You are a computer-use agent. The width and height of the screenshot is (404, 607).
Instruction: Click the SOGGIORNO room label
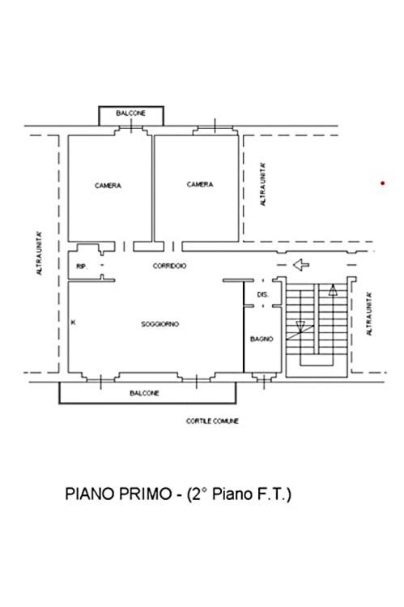click(159, 324)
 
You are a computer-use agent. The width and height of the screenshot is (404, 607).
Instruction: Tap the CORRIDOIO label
click(169, 266)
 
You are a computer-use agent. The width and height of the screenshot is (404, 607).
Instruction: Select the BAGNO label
click(262, 339)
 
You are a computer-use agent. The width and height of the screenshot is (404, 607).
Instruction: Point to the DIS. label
click(263, 295)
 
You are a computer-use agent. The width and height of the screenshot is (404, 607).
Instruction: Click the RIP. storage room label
click(82, 267)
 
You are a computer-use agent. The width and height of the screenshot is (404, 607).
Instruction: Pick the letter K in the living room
click(73, 322)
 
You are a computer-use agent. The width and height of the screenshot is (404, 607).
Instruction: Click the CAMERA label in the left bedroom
click(108, 186)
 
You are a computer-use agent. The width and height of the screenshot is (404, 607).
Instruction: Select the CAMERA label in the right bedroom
click(200, 185)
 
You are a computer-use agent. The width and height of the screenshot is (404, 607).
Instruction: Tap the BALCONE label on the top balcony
click(130, 113)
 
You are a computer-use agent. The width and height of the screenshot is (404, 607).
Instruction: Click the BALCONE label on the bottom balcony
click(144, 393)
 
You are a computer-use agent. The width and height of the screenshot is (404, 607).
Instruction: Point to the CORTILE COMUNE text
click(212, 421)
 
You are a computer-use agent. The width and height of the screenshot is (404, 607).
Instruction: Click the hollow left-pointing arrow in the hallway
click(301, 265)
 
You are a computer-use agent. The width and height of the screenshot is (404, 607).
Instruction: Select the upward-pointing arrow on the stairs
click(333, 290)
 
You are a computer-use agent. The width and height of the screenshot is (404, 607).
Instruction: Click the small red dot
click(383, 183)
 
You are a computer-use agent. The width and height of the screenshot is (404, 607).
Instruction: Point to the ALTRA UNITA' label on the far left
click(40, 254)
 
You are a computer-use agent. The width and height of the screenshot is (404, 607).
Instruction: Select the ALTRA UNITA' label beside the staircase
click(369, 314)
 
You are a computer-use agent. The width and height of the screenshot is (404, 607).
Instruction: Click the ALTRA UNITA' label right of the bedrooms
click(263, 184)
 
